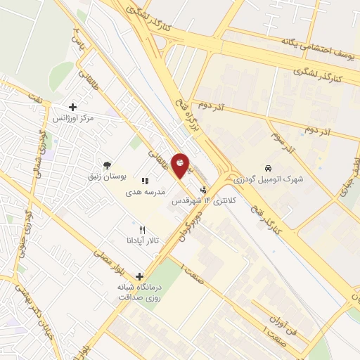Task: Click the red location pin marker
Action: [x=181, y=165]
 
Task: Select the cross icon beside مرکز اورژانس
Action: [x=72, y=108]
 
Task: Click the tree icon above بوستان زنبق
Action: [x=107, y=165]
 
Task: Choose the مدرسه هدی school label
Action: [x=146, y=191]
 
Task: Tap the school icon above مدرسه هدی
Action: [x=145, y=181]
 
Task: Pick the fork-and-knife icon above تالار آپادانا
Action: [x=143, y=229]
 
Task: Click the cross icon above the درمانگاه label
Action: [x=140, y=276]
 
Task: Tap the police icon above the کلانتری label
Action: [x=204, y=189]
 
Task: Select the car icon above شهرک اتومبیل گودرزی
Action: [x=268, y=168]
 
